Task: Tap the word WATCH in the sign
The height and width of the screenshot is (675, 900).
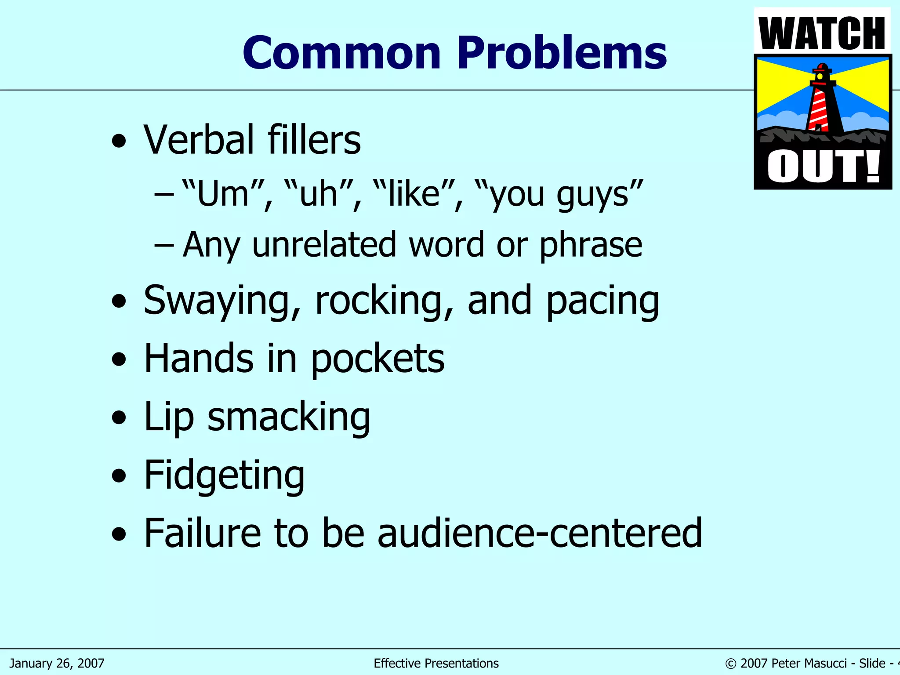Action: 822,33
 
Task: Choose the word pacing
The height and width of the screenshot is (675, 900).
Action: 602,301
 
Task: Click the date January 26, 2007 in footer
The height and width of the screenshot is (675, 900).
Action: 57,663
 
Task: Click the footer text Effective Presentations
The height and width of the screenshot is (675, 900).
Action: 436,663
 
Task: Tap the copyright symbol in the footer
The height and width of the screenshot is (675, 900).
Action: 731,664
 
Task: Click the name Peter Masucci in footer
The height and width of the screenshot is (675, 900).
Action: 809,663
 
